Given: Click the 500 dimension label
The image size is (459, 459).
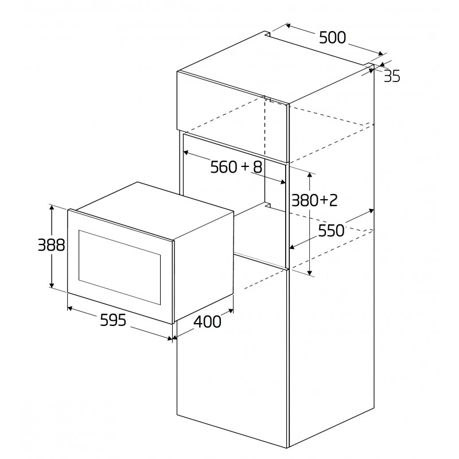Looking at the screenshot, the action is coord(332,37).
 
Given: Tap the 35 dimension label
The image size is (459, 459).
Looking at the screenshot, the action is coord(392,76).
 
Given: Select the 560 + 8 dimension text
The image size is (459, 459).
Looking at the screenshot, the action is coord(236,167).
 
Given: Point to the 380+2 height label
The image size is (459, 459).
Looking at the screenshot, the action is coord(314,200).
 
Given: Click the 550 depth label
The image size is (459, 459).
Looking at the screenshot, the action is coord(331,231).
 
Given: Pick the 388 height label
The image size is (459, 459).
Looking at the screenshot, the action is coord(52,245).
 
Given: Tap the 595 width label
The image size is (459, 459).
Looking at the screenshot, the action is coord(113,320).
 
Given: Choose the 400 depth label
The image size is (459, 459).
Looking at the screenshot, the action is coord(207,321).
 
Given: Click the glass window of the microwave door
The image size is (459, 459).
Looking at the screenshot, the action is coord(119,267).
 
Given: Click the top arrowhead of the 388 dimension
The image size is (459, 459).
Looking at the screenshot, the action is coord(52,207).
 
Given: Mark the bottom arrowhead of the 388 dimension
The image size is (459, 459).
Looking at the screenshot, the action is coord(52,285).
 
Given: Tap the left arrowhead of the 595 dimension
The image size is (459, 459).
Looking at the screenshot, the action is coord(69,308).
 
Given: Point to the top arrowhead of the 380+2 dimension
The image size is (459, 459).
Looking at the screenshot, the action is coord(310,175).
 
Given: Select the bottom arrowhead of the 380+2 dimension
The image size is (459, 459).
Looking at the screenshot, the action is coord(310,273).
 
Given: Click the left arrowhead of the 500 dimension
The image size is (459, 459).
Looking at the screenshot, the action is coord(288,26).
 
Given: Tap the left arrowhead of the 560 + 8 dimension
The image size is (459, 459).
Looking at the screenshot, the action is coord(185,153).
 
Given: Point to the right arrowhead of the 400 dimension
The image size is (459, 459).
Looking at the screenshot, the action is coord(231,311).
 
